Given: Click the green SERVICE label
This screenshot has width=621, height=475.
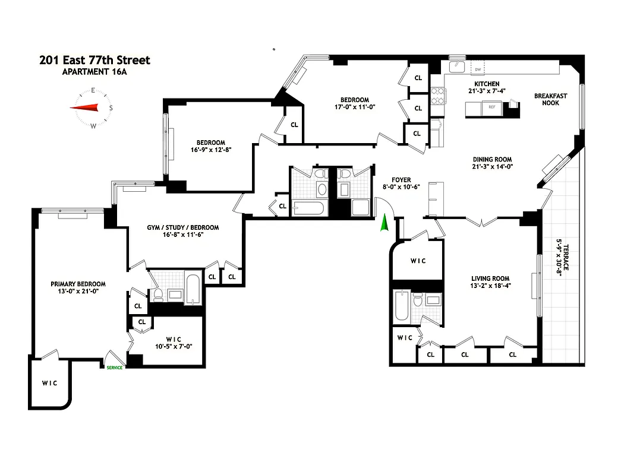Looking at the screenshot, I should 114,368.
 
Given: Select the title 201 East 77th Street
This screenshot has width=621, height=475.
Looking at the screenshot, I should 94,60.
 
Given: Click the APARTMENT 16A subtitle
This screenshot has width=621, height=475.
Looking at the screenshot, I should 95,72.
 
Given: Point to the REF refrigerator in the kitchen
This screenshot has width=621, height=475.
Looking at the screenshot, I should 491,107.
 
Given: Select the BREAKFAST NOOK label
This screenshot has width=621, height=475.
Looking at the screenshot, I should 550,99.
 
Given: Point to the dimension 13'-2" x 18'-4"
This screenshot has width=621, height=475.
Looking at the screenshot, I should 490,286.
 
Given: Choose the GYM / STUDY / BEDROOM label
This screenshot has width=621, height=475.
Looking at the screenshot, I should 182,227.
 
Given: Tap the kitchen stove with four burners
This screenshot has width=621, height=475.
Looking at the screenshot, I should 438,95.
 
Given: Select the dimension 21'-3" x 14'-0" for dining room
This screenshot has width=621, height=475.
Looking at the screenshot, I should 492,167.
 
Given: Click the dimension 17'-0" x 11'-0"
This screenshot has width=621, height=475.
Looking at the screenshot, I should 354,107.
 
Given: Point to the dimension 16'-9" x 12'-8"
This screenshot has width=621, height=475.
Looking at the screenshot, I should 210,150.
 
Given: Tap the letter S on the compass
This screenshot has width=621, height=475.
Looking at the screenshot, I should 111,108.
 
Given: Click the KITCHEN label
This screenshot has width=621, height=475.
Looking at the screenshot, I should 486,84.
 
